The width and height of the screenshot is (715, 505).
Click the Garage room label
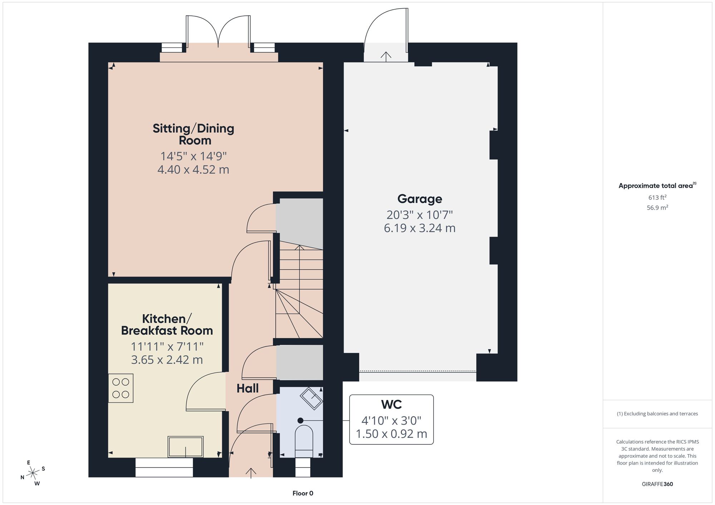420,199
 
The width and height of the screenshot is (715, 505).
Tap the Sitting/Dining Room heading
193,134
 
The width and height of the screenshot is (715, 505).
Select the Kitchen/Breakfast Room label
167,325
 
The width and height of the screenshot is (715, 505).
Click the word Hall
247,388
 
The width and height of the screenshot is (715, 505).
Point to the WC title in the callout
391,404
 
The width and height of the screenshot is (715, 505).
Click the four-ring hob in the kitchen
121,388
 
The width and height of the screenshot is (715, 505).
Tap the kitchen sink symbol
186,446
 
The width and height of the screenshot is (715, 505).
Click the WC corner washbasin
311,398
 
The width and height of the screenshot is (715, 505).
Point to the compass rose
33,473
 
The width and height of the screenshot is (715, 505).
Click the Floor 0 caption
303,493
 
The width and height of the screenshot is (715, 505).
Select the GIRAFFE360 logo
657,484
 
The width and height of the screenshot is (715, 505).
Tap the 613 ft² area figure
657,197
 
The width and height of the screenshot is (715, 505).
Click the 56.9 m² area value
657,207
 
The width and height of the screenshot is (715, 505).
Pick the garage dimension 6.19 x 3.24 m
420,228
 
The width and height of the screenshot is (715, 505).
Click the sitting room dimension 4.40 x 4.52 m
193,169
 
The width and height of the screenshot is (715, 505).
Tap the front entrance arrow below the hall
251,473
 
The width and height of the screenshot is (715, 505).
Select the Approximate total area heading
657,185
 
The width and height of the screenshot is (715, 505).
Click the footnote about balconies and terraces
657,414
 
